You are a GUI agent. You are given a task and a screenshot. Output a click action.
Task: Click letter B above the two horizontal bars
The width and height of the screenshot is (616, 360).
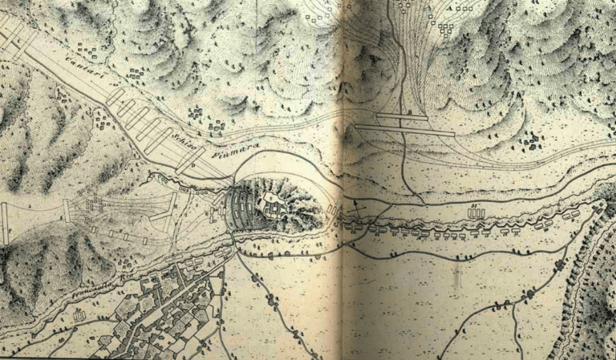pyautogui.click(x=410, y=111)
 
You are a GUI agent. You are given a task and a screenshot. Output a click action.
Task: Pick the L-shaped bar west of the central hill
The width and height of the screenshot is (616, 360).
pyautogui.click(x=169, y=210)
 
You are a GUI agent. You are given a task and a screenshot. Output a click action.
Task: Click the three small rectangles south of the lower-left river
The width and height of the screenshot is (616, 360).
pyautogui.click(x=79, y=316)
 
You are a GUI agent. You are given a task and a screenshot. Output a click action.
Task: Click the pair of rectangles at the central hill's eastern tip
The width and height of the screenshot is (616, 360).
pyautogui.click(x=331, y=210)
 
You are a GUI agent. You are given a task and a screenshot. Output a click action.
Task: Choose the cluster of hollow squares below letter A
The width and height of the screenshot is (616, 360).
pyautogui.click(x=444, y=30)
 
